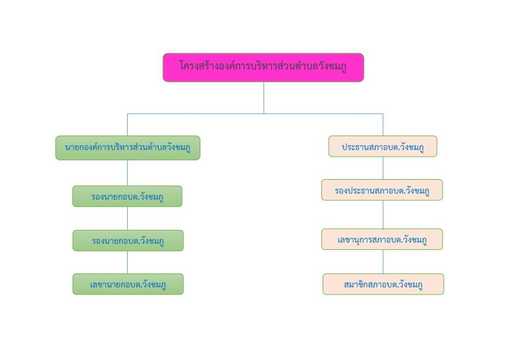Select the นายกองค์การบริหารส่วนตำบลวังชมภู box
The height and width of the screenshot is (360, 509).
128,148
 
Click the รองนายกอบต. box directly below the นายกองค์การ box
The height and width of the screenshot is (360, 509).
127,196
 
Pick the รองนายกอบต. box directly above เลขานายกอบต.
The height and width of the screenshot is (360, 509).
128,241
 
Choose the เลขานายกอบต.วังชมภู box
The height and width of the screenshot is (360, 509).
128,284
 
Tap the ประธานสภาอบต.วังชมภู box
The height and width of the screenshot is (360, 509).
383,146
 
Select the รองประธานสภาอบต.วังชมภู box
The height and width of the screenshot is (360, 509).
382,190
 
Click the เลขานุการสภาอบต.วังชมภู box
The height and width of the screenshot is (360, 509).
382,239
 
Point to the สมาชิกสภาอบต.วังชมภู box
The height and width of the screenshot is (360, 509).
383,284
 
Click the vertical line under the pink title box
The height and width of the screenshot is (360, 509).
264,97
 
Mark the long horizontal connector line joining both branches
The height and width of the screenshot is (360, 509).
255,114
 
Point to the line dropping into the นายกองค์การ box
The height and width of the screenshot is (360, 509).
127,125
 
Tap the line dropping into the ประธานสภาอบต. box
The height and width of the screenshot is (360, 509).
383,125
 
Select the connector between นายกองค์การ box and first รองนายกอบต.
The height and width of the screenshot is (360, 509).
127,172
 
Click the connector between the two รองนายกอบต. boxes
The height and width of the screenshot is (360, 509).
127,218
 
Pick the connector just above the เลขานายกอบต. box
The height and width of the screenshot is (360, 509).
127,263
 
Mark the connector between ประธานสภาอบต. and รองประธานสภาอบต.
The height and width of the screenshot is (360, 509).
383,168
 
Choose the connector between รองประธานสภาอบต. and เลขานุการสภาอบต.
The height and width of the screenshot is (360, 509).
383,215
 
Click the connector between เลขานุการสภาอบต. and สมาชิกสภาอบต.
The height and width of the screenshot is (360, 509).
383,261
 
